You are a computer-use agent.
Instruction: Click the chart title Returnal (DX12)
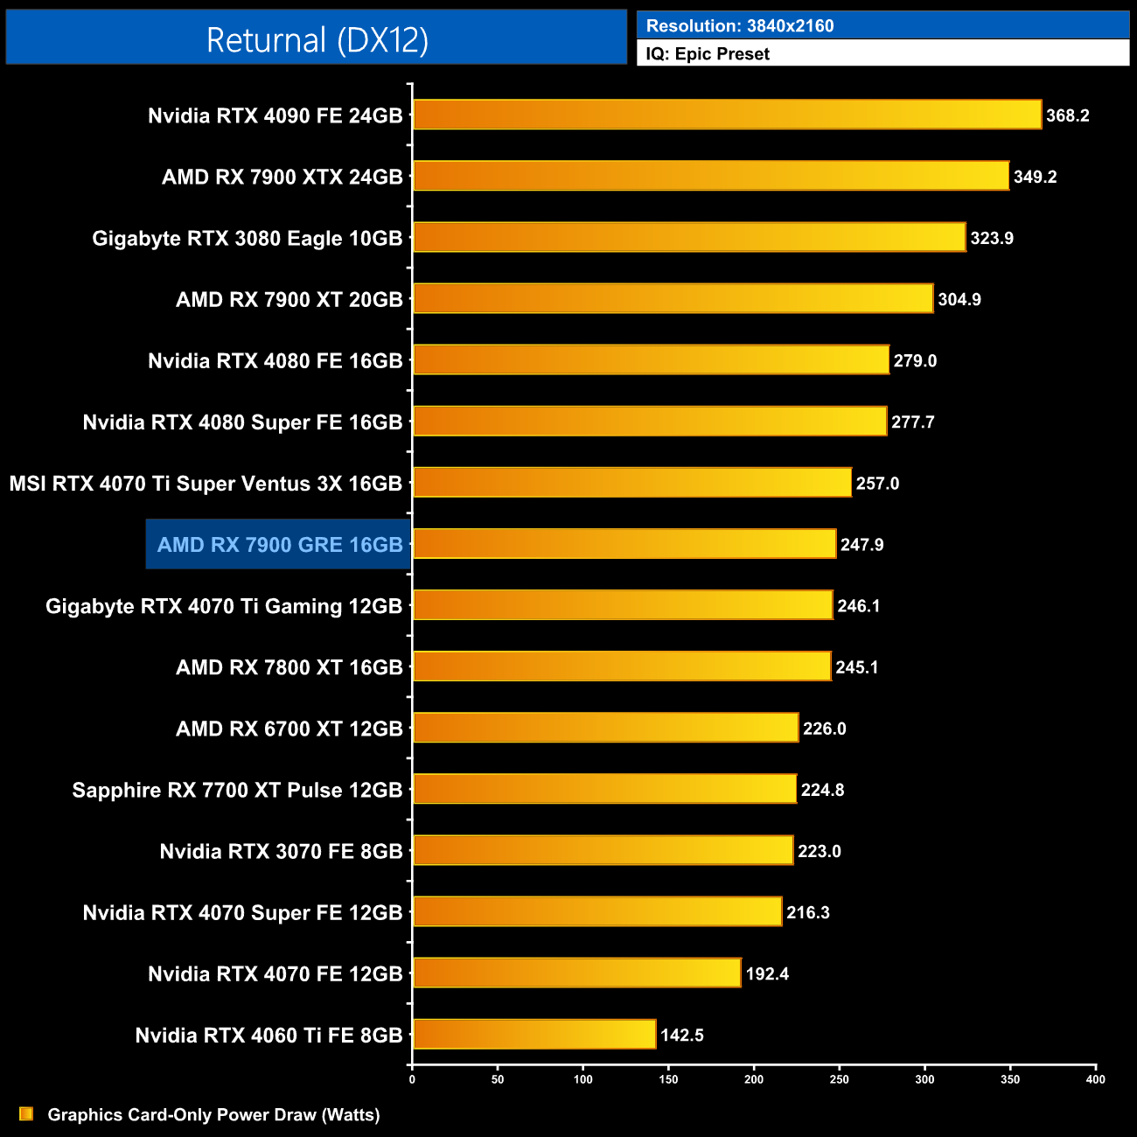coord(317,40)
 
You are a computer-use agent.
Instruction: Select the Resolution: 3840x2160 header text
coord(740,25)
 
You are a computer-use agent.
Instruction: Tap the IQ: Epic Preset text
coord(708,53)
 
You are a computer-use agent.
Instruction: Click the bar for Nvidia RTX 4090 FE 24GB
coord(727,115)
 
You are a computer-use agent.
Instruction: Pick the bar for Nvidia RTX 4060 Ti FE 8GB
coord(534,1034)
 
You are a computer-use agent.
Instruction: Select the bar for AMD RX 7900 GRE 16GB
coord(624,544)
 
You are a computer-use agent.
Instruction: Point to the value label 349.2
coord(1036,177)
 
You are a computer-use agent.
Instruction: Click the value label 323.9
coord(992,238)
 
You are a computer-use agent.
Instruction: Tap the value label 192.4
coord(767,973)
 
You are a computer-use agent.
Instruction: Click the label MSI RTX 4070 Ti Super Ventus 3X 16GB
coord(206,484)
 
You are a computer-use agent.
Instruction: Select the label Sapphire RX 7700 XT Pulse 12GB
coord(237,790)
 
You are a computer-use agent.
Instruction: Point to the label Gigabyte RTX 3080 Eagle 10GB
coord(248,238)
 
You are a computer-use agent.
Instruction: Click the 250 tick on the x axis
coord(839,1079)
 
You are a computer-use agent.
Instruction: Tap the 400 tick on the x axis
coord(1095,1079)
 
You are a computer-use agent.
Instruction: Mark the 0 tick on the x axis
coord(412,1079)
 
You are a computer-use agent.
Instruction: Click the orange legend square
coord(26,1113)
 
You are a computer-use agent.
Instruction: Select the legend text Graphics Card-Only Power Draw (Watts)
coord(213,1114)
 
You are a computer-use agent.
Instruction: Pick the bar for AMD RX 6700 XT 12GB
coord(605,728)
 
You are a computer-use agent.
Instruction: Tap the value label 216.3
coord(808,912)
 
